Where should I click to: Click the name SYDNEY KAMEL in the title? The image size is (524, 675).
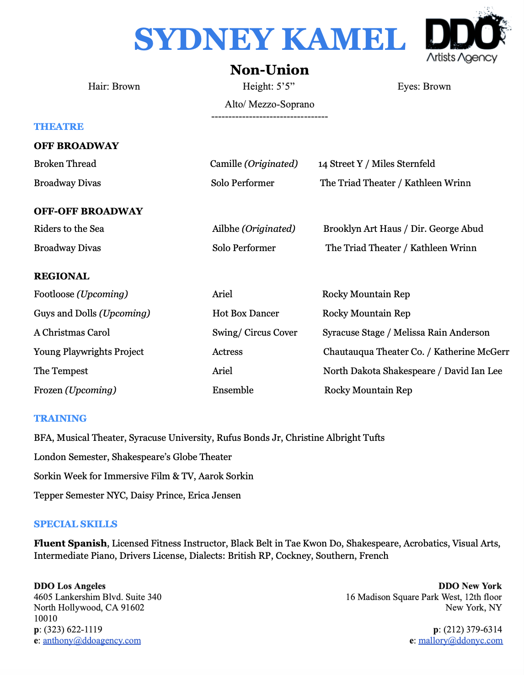[269, 39]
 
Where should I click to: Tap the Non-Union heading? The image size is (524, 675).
[269, 70]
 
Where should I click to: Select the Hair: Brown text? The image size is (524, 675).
[114, 86]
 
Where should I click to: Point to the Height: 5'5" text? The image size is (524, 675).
[266, 86]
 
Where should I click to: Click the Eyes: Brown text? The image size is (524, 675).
[424, 86]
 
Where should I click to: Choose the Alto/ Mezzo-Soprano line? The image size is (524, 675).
[269, 104]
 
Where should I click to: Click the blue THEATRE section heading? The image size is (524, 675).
[59, 127]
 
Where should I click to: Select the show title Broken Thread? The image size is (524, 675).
[65, 164]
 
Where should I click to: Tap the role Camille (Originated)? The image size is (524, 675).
[254, 164]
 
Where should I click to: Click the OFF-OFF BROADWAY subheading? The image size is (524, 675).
[88, 211]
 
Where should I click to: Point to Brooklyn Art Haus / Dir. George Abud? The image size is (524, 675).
[403, 229]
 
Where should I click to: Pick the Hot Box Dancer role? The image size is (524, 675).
[246, 313]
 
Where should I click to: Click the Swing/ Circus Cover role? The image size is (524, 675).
[255, 332]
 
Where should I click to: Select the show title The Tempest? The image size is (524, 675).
[61, 371]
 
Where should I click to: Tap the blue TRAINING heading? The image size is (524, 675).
[60, 418]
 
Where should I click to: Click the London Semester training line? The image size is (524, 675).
[133, 457]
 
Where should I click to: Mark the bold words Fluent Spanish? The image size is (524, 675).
[70, 543]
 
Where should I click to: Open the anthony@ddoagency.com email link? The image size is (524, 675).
[92, 640]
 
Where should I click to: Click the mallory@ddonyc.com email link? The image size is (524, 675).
[460, 640]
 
